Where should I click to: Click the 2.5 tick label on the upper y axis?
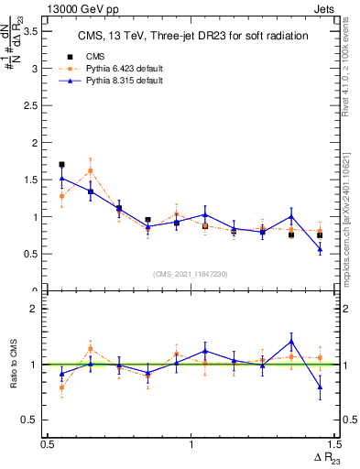[36, 105]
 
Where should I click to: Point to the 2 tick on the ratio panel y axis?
[39, 309]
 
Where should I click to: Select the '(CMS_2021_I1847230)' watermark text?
[190, 273]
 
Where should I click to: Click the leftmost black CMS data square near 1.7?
[61, 165]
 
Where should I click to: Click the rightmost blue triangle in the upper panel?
[320, 249]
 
